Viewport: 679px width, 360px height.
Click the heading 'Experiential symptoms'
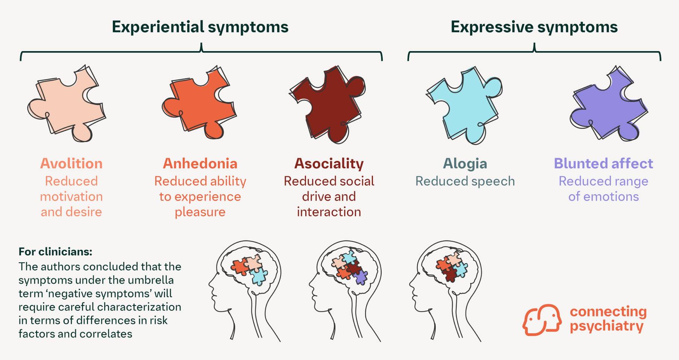coord(200,27)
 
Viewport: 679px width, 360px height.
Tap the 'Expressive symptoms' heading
coord(534,27)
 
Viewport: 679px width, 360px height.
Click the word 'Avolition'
coord(71,163)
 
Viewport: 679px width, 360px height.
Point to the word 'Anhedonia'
coord(200,163)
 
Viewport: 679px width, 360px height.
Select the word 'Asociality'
coord(329,163)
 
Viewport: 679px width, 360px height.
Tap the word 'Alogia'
coord(465,163)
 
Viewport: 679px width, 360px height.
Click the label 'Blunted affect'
coord(603,163)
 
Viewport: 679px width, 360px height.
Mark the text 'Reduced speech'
coord(465,181)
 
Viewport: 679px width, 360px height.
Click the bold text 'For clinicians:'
coord(55,251)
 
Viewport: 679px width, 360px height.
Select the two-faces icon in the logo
coord(541,319)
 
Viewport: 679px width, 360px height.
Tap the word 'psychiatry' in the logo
coord(606,326)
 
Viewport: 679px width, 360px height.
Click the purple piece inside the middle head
coord(361,277)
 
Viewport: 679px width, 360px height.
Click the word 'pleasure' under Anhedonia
coord(200,212)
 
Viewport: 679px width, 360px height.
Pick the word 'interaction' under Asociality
coord(329,212)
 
